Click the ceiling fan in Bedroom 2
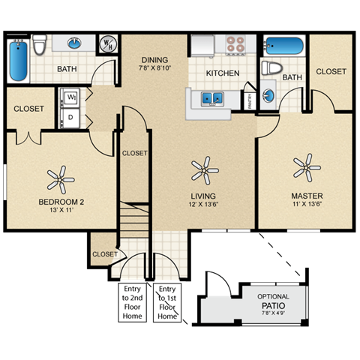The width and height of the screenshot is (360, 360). tap(61, 180)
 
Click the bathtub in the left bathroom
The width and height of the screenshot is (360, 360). tap(17, 61)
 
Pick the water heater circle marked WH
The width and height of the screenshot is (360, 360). tap(108, 44)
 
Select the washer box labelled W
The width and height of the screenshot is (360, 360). tap(72, 97)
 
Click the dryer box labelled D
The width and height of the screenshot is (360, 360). tap(72, 117)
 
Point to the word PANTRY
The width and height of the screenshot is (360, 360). tap(250, 100)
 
